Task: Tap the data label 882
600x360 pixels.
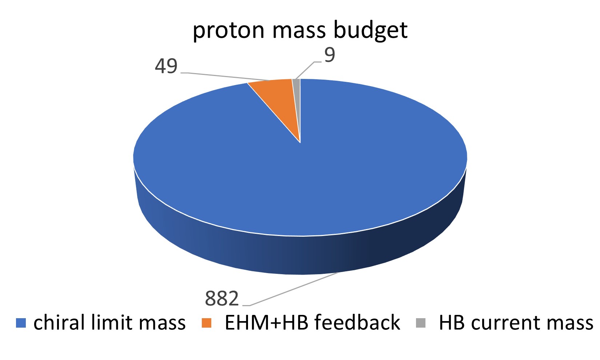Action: [x=222, y=299]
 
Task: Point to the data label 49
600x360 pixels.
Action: [x=166, y=66]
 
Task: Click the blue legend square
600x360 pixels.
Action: [x=21, y=323]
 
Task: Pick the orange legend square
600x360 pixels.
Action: [x=207, y=323]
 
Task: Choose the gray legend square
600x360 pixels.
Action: [x=421, y=323]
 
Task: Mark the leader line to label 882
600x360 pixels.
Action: [x=290, y=289]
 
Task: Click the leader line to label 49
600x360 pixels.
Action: [x=225, y=76]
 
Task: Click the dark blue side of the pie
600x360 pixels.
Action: [x=300, y=255]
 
